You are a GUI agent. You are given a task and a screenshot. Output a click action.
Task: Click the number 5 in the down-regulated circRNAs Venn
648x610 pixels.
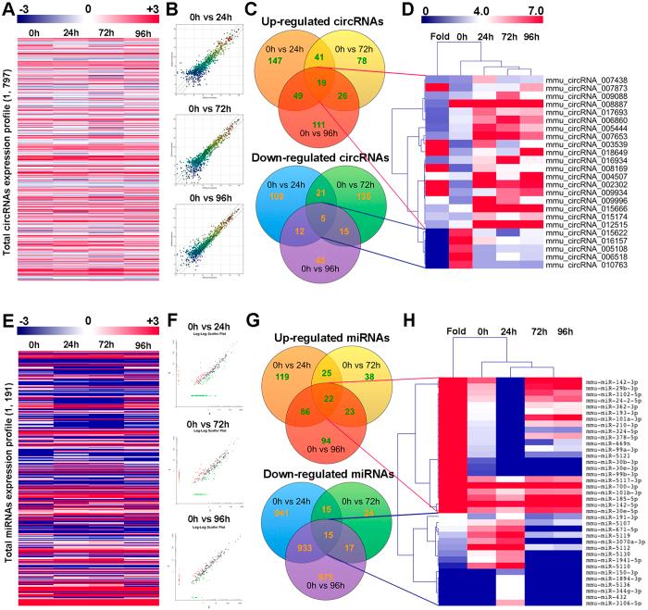(x=319, y=218)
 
